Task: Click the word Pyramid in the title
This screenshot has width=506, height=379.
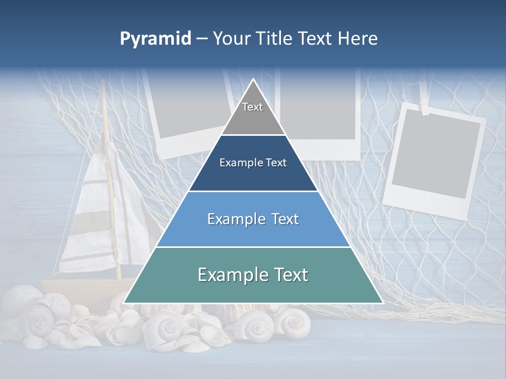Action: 155,39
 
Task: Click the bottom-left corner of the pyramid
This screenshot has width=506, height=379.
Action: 124,303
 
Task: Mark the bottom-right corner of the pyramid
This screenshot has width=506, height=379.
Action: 382,303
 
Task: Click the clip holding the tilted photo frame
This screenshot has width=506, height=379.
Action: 425,109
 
